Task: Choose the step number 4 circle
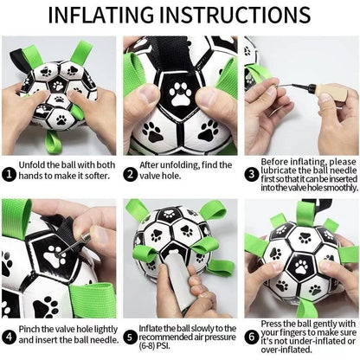[x=8, y=335]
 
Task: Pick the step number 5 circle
[x=129, y=335]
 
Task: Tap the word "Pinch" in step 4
[x=32, y=329]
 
